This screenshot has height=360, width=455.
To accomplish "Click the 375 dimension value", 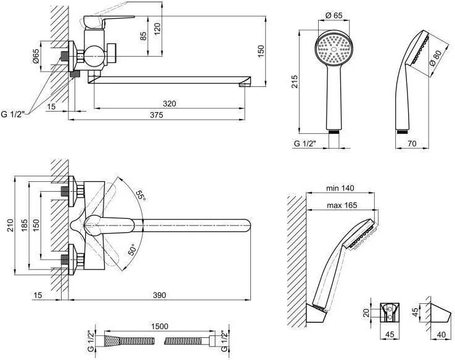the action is point(157,115).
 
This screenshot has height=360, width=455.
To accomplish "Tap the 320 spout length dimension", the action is point(169,104).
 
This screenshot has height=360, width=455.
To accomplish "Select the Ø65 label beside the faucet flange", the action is point(35,56).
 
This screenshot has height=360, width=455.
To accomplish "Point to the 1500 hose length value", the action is point(160,327).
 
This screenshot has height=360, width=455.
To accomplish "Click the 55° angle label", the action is point(140,195).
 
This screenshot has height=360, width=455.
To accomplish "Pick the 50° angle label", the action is point(132,250).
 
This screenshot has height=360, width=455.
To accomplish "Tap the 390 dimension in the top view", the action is point(159,295).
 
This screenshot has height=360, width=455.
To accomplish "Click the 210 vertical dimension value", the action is point(10,226).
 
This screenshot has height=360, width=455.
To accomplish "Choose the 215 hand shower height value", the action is point(294,82).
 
